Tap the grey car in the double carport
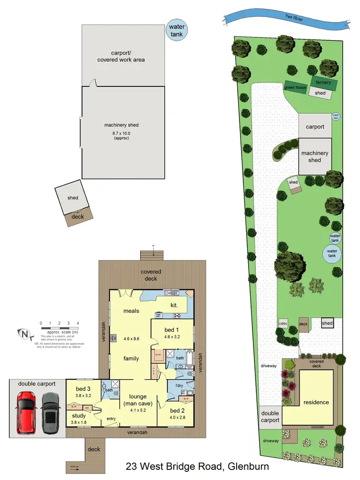[x=49, y=412]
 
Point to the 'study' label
[x=79, y=415]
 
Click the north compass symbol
[x=23, y=332]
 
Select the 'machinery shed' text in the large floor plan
[x=121, y=125]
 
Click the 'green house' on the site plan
[x=295, y=87]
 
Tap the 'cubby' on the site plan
[x=283, y=324]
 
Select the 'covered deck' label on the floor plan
[x=151, y=275]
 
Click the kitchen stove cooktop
[x=176, y=315]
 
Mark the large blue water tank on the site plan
[x=332, y=252]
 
